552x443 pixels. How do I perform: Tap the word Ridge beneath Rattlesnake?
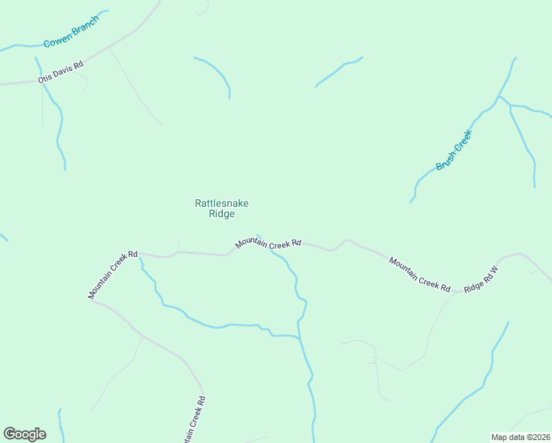(x=221, y=214)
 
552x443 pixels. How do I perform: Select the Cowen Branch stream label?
(x=71, y=32)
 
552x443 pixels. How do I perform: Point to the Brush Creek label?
(x=453, y=151)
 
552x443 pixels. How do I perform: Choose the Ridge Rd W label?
(x=481, y=279)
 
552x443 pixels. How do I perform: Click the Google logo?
(x=24, y=434)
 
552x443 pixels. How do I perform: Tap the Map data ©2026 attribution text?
(x=520, y=436)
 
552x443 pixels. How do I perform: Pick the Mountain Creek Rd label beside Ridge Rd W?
(x=419, y=273)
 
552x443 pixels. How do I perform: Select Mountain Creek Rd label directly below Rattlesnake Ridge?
(x=269, y=243)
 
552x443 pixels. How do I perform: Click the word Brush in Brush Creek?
(x=445, y=162)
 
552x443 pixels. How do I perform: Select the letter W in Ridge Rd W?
(x=495, y=270)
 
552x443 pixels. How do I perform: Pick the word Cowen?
(x=56, y=40)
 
